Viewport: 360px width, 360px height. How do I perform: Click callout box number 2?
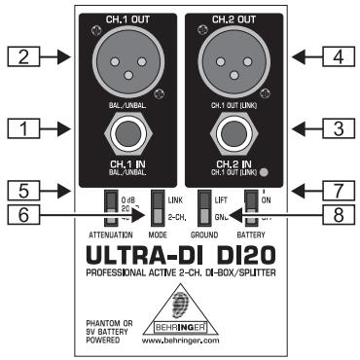pyautogui.click(x=21, y=57)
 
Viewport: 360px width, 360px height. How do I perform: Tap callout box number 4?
pyautogui.click(x=337, y=57)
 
